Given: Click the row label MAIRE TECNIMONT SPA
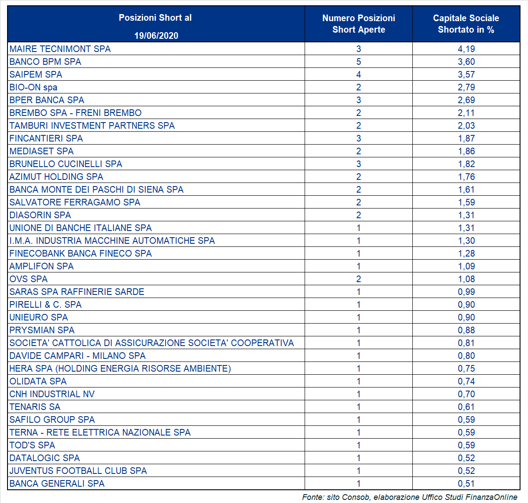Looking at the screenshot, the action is point(60,49).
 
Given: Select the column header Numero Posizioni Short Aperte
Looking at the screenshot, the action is point(358,24).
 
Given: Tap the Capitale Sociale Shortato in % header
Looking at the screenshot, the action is point(466,24).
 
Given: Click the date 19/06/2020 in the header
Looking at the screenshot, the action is point(156,36).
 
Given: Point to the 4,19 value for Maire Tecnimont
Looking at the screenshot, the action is point(466,49).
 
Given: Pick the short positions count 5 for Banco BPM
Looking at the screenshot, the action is point(358,62).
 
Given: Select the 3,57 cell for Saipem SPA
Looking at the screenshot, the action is point(466,75).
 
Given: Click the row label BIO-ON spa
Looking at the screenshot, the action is point(34,87).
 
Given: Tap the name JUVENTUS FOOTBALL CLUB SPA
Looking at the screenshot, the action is point(78,471).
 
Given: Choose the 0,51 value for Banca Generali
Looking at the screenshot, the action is point(466,484).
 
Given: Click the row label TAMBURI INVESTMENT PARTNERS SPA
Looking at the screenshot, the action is point(92,126).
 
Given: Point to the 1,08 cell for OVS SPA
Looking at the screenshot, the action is point(466,279).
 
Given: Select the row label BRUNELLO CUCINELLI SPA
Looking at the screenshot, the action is point(66,164).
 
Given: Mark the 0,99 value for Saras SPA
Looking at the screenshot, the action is point(466,292).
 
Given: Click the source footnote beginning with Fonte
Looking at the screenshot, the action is point(410,497).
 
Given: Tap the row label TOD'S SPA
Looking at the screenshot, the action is point(32,445).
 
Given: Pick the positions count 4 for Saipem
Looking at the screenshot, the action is point(358,75).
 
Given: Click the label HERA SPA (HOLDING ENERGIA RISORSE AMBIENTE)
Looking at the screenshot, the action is point(120,369).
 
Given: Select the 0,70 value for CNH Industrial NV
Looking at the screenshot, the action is point(466,394).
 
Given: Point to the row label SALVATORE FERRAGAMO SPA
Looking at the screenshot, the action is point(75,202).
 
